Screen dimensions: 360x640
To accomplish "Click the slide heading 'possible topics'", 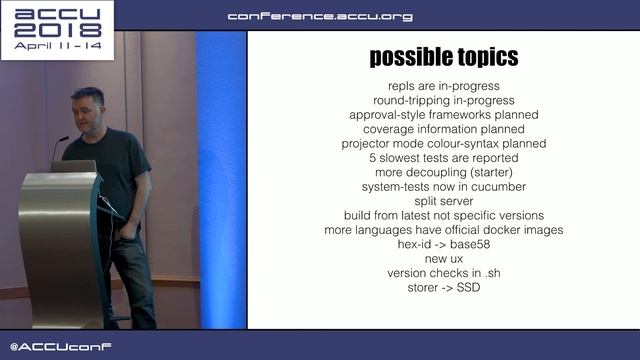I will click(443, 57).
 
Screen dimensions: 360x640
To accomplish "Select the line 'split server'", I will click(443, 201).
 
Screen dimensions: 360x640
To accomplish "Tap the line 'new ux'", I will click(443, 259).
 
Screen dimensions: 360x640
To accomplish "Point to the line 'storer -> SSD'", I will click(443, 288).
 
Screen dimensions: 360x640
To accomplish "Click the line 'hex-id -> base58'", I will click(443, 244).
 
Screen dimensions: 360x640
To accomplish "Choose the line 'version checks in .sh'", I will click(443, 273).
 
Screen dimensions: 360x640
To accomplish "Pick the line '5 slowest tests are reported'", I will click(443, 158).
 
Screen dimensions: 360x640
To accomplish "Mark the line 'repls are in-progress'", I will click(443, 86).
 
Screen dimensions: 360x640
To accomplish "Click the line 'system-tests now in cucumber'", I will click(443, 187).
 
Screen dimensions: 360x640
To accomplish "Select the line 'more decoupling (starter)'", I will click(443, 172).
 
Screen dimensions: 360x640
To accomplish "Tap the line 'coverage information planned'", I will click(443, 129).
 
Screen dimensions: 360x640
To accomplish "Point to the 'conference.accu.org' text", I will click(319, 16).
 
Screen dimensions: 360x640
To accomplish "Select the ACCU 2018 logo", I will click(58, 29).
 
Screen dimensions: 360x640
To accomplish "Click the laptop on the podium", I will click(74, 166).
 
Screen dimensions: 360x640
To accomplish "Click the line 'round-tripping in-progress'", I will click(443, 100).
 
